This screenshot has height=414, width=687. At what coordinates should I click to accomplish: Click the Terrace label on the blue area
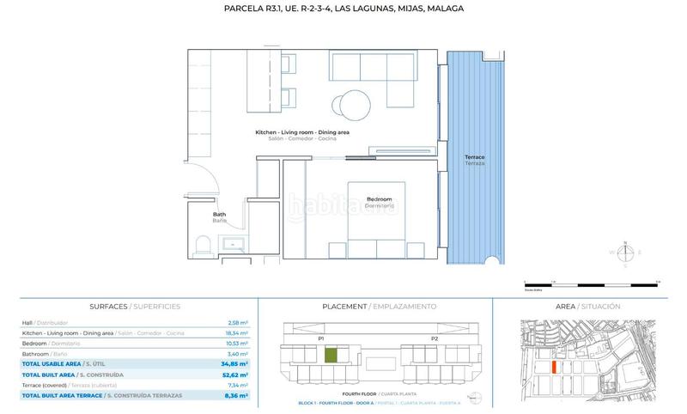coord(474,161)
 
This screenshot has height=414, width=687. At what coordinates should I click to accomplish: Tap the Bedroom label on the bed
coord(379,203)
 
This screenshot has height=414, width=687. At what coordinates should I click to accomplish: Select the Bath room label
coord(219,217)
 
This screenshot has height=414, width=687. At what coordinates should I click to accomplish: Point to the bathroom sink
coord(234,246)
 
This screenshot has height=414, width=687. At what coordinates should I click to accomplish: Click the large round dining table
coord(353,104)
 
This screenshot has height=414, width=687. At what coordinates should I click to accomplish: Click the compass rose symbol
coord(626,253)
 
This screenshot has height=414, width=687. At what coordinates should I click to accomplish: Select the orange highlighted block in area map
coord(554,367)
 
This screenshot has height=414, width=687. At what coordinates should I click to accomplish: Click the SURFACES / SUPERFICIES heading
coord(135,306)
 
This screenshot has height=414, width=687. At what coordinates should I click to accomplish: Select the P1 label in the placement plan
coord(320,338)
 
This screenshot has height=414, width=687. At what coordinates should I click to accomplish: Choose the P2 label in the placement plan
coord(434,338)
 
